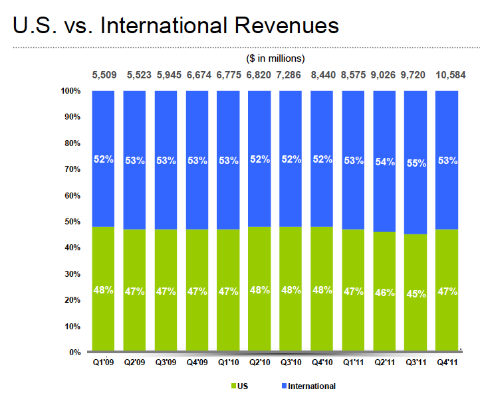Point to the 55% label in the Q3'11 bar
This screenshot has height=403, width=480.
[417, 163]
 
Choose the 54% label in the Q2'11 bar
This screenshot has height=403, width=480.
[385, 161]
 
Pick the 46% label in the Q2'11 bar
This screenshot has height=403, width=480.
[385, 292]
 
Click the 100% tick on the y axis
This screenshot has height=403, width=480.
[71, 90]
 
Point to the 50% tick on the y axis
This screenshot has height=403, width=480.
[73, 222]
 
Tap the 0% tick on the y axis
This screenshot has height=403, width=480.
[75, 353]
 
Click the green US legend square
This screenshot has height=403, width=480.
[233, 386]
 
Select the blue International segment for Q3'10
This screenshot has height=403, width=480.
[291, 133]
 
